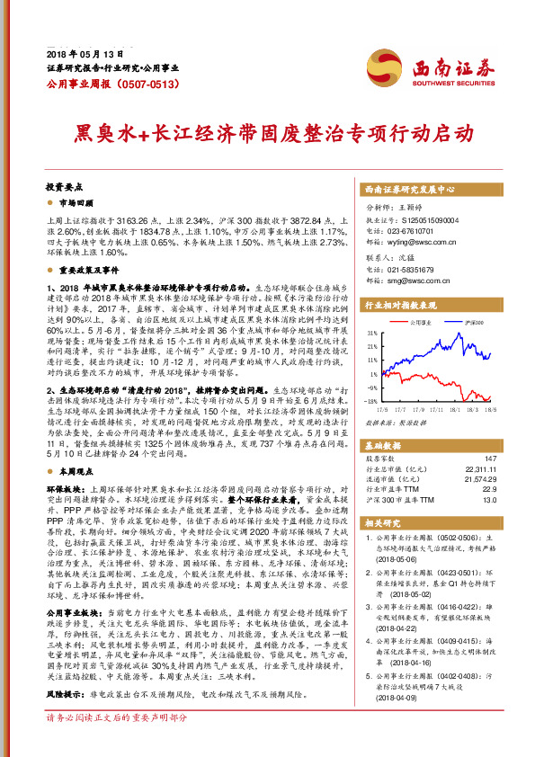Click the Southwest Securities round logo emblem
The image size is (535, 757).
pos(389,69)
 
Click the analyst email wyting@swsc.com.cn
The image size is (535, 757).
pos(418,242)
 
